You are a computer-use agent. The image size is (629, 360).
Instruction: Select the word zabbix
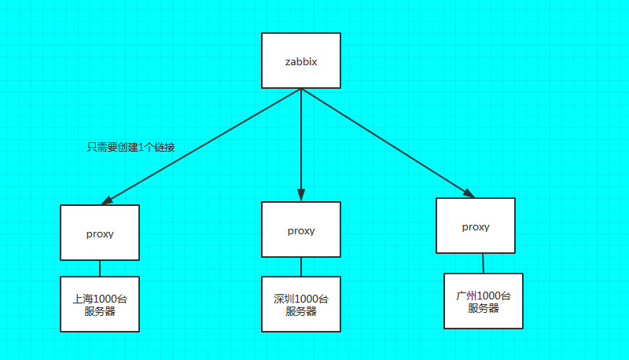[x=300, y=61]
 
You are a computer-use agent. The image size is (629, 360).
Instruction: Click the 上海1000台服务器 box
[x=99, y=303]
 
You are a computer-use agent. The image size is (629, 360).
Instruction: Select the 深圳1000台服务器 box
[x=300, y=304]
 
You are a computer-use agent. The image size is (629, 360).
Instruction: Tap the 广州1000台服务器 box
[x=483, y=301]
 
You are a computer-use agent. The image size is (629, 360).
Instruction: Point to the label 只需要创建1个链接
[x=131, y=147]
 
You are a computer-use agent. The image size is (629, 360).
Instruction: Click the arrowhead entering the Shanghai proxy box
[x=106, y=200]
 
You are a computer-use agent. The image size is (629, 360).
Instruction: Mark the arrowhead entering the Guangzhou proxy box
[x=469, y=193]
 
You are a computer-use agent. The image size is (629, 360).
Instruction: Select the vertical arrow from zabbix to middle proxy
[x=300, y=141]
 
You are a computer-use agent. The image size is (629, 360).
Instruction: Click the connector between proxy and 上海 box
[x=99, y=269]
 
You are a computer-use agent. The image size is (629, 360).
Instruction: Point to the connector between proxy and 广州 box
[x=483, y=263]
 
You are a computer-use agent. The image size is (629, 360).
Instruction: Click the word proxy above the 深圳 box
[x=300, y=230]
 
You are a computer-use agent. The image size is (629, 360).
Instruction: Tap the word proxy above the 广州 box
[x=475, y=226]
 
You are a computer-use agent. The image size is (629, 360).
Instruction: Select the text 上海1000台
[x=99, y=299]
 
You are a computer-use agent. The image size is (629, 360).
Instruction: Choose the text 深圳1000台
[x=300, y=299]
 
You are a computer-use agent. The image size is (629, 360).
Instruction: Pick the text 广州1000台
[x=483, y=296]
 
